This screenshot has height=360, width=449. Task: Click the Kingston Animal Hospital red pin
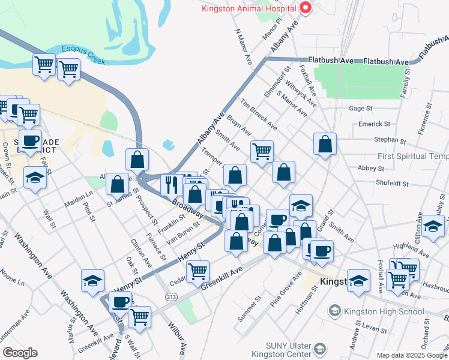click(x=305, y=8)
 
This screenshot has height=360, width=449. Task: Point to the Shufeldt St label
click(x=392, y=184)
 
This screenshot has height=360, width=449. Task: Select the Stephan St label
click(x=390, y=139)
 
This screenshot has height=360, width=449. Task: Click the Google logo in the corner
click(x=20, y=353)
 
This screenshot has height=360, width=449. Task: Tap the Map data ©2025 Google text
click(x=412, y=355)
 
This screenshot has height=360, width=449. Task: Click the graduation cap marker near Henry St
click(x=92, y=281)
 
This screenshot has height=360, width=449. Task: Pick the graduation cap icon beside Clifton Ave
click(x=432, y=226)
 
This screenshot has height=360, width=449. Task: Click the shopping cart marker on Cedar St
click(x=197, y=271)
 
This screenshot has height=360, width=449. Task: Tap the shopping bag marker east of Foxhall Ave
click(x=325, y=144)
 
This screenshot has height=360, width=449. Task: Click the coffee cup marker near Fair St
click(x=30, y=141)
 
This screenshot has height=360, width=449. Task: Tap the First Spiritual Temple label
click(x=413, y=156)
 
